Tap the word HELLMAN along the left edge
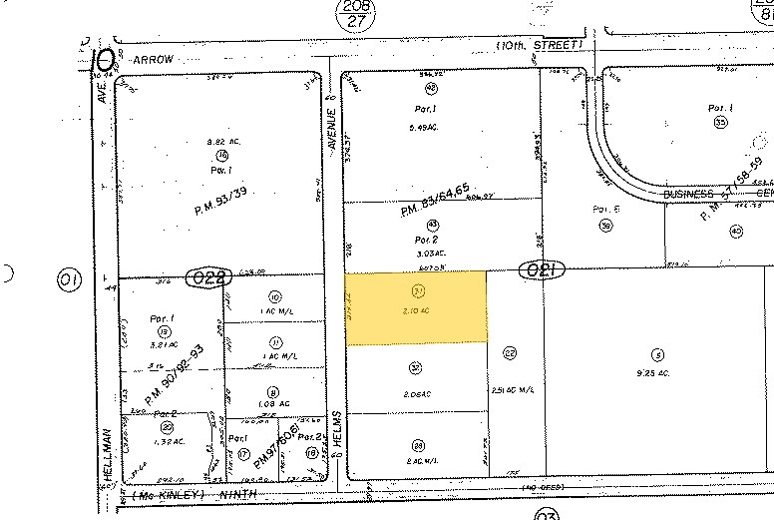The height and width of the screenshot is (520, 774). (x=103, y=455)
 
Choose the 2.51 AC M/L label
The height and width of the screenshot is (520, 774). (x=510, y=390)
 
